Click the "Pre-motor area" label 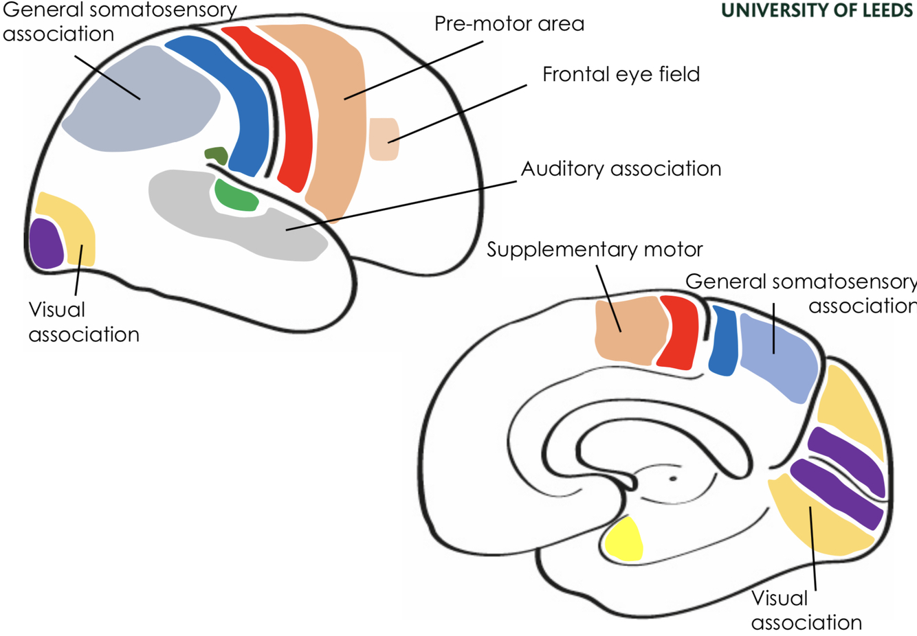[x=509, y=24]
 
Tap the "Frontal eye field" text [x=621, y=74]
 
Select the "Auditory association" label [x=621, y=169]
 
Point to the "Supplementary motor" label [x=595, y=249]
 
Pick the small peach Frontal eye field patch [x=384, y=139]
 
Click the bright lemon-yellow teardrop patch [x=624, y=540]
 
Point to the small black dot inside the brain [x=673, y=479]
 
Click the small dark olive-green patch [x=217, y=155]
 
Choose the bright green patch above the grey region [x=236, y=196]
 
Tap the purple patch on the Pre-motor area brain [x=46, y=244]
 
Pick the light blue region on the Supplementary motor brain [x=779, y=357]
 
